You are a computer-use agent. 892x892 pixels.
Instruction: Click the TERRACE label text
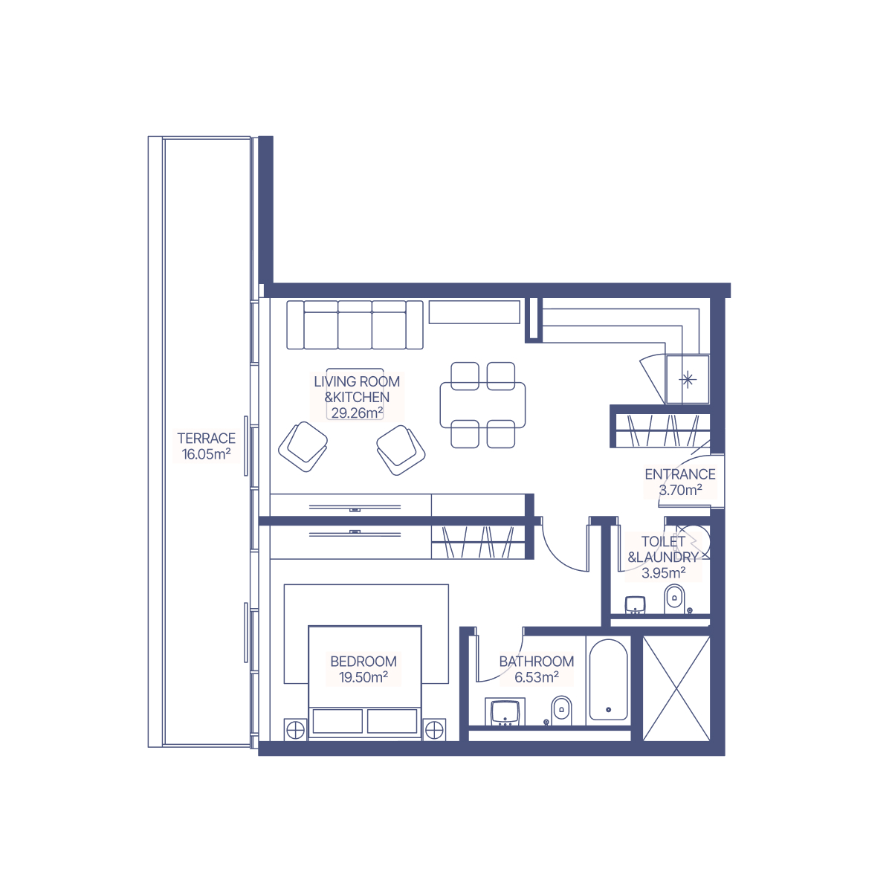click(206, 438)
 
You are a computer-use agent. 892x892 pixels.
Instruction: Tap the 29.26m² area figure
click(357, 413)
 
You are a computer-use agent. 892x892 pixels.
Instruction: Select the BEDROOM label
click(363, 662)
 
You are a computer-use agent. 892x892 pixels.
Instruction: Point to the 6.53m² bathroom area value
click(537, 677)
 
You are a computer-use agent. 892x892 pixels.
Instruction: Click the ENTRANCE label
click(680, 474)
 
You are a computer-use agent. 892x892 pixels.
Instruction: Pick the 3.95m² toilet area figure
click(663, 573)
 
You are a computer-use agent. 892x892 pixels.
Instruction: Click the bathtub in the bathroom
click(608, 680)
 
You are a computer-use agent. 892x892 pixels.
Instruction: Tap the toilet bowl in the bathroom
click(561, 711)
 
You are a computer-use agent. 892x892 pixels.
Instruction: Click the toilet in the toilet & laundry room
click(674, 599)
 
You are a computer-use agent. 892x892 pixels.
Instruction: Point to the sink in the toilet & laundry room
click(635, 604)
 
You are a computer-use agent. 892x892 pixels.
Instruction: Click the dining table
click(482, 405)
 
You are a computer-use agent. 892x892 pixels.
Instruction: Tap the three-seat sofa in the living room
click(355, 325)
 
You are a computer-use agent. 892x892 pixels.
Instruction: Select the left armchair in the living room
click(303, 446)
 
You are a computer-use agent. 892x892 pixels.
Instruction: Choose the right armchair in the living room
click(401, 450)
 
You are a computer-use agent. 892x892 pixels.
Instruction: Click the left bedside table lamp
click(295, 731)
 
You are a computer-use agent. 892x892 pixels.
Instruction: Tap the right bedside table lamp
click(433, 731)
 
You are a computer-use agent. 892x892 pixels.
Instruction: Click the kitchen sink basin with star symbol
click(688, 379)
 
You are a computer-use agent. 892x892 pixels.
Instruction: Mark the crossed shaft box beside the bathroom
click(676, 688)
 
